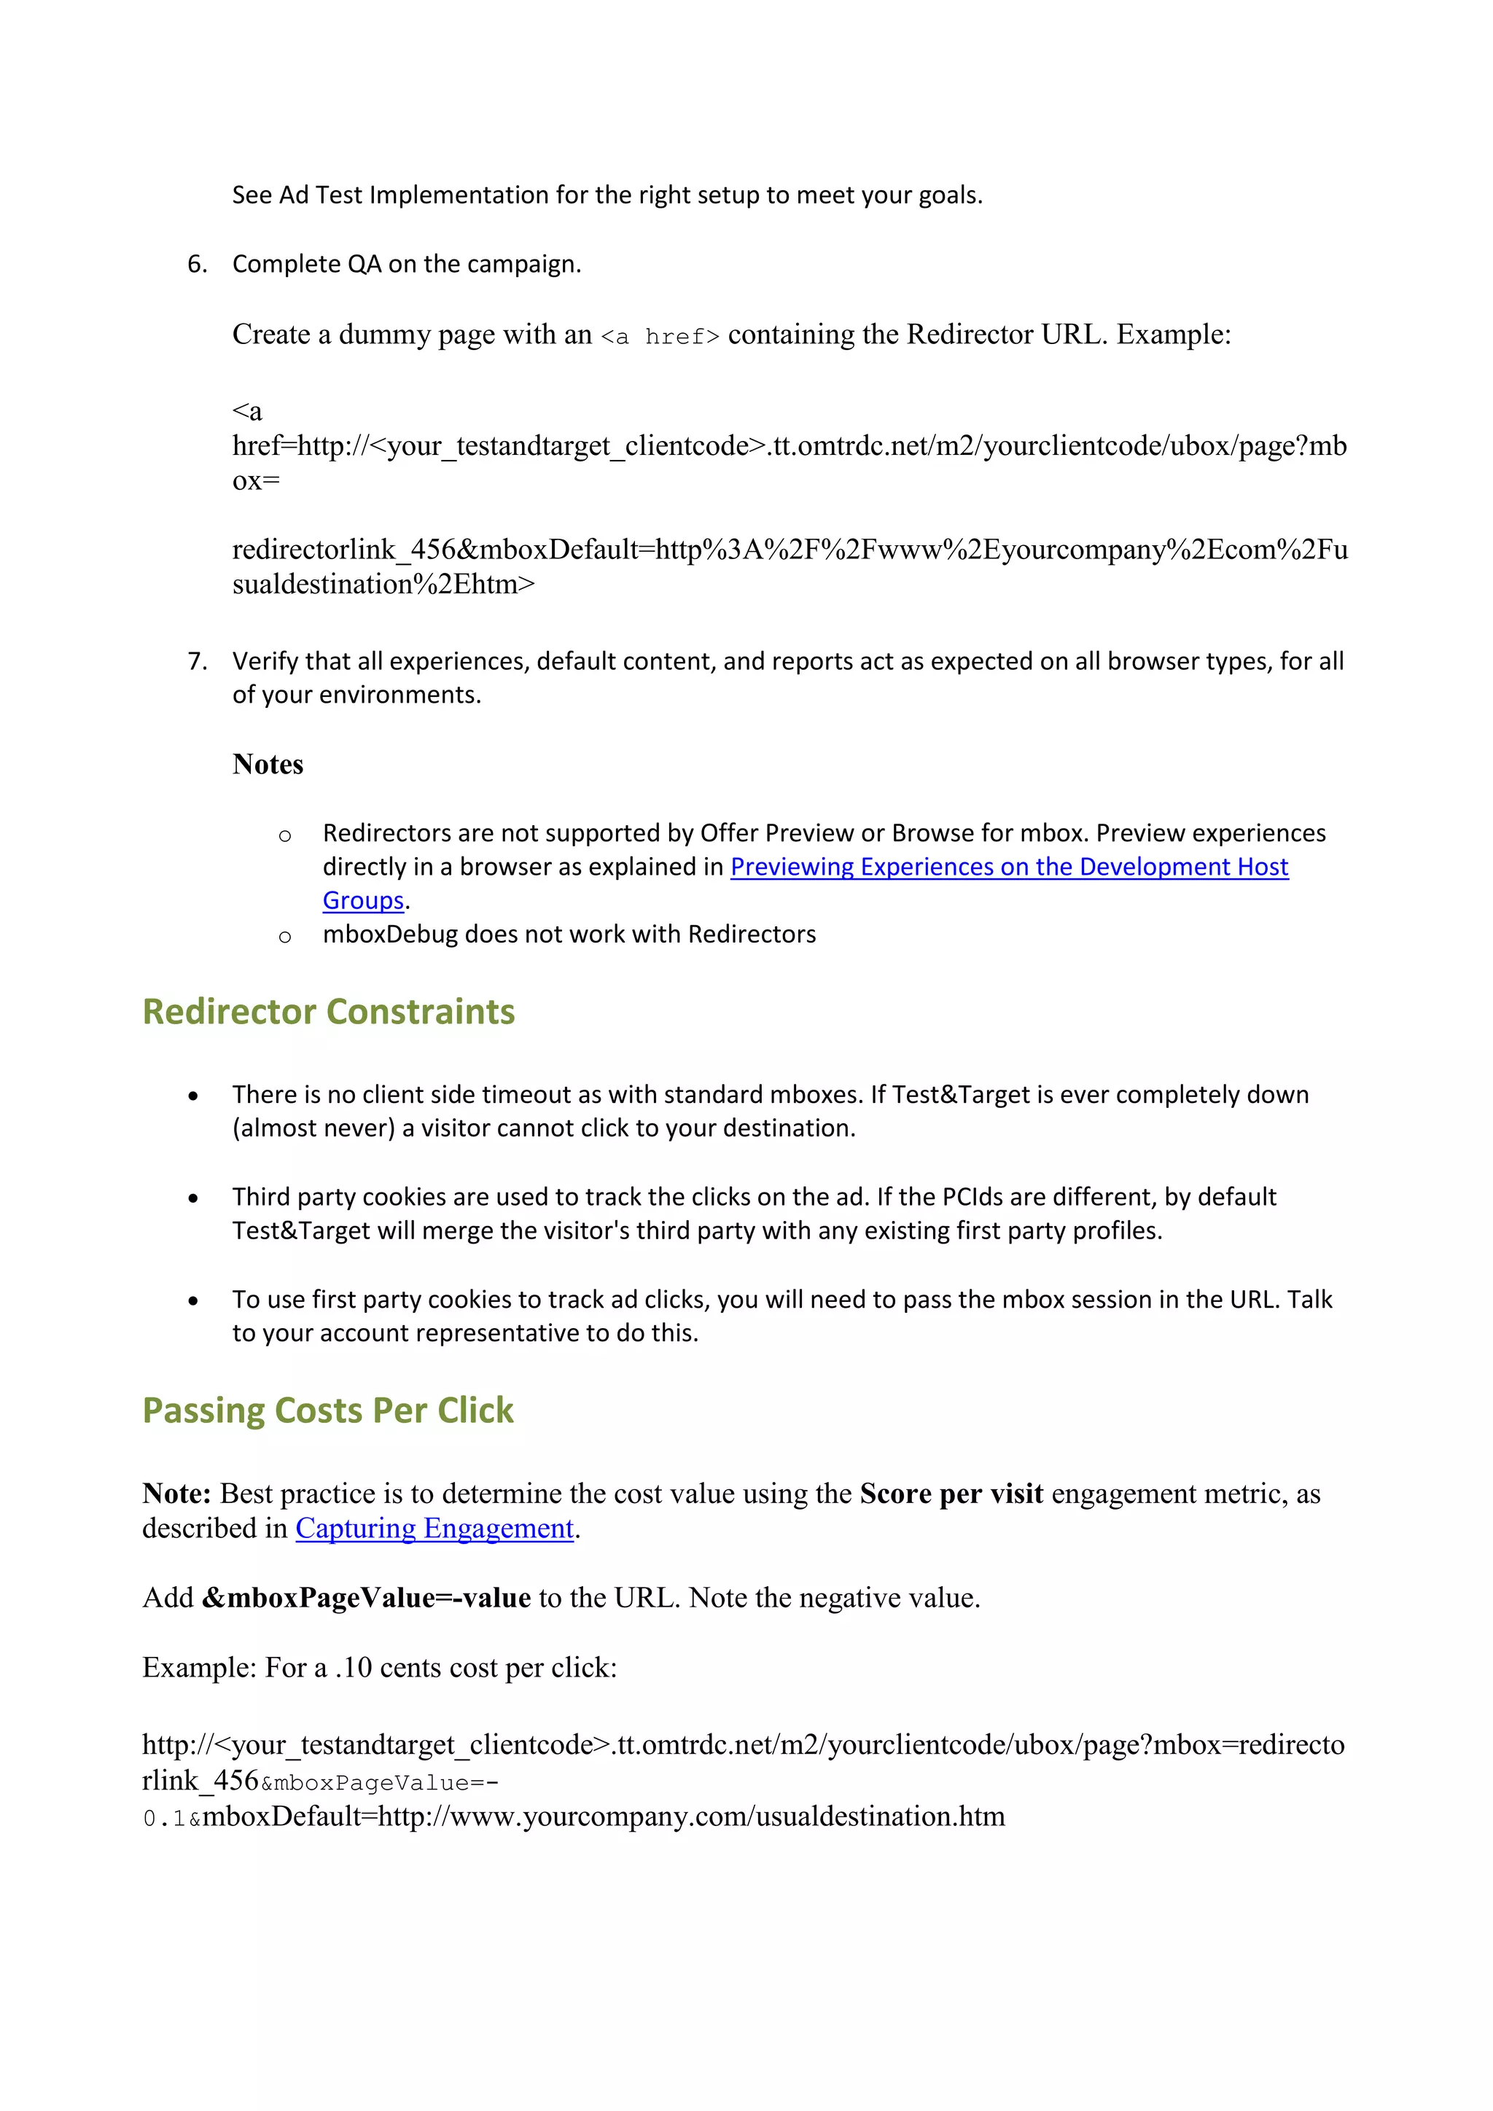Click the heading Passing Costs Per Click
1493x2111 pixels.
(x=327, y=1410)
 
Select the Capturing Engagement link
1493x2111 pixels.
(x=434, y=1528)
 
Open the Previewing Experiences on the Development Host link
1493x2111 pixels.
(x=1008, y=867)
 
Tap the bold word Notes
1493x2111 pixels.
(x=268, y=765)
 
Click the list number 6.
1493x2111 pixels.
(x=197, y=265)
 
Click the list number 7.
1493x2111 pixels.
(x=197, y=662)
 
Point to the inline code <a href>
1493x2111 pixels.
(x=659, y=337)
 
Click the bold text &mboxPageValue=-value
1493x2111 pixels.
(x=366, y=1598)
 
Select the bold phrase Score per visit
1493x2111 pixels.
(x=951, y=1494)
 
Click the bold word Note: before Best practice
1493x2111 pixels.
(x=176, y=1494)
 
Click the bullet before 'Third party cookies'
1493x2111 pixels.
(x=193, y=1199)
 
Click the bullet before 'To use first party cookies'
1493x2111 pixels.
(x=193, y=1301)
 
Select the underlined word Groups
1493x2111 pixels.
(x=363, y=901)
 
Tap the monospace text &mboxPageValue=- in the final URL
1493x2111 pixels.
(x=380, y=1783)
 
